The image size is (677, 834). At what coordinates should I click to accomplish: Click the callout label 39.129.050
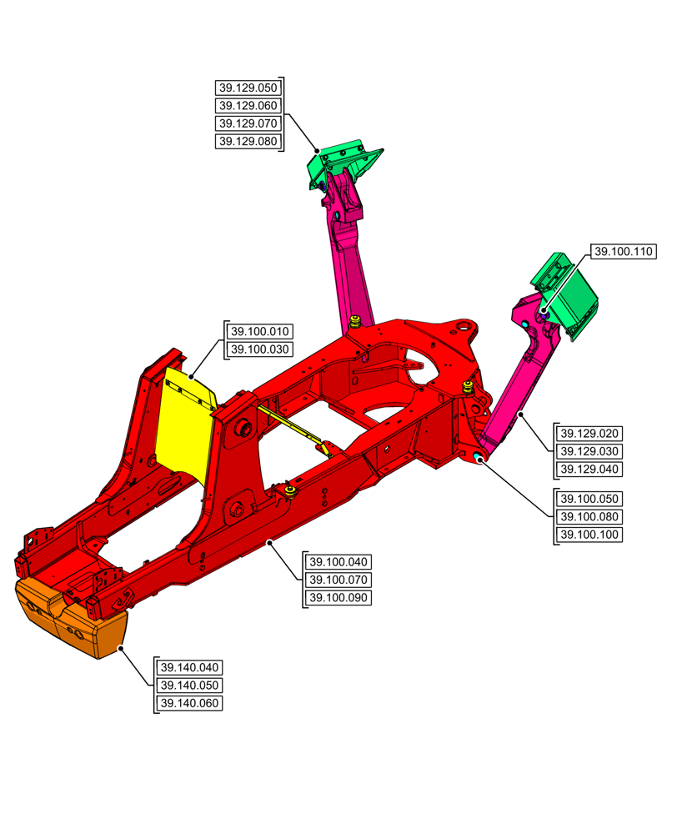tap(248, 88)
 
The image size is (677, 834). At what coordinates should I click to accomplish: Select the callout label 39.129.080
tap(248, 142)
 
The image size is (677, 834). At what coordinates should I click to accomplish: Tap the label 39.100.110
tap(624, 251)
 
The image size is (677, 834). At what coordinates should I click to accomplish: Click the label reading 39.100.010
tap(259, 331)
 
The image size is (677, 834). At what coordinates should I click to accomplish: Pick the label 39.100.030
tap(259, 349)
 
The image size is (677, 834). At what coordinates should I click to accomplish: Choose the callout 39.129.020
tap(590, 434)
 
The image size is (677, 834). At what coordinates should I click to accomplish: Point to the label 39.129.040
tap(590, 470)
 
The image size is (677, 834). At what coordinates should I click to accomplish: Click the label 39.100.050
tap(590, 499)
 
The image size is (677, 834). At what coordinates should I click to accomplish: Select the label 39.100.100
tap(590, 535)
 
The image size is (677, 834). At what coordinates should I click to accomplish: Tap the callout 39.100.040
tap(339, 562)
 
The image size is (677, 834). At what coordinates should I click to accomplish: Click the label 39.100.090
tap(339, 598)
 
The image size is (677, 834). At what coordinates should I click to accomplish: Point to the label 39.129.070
tap(248, 123)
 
